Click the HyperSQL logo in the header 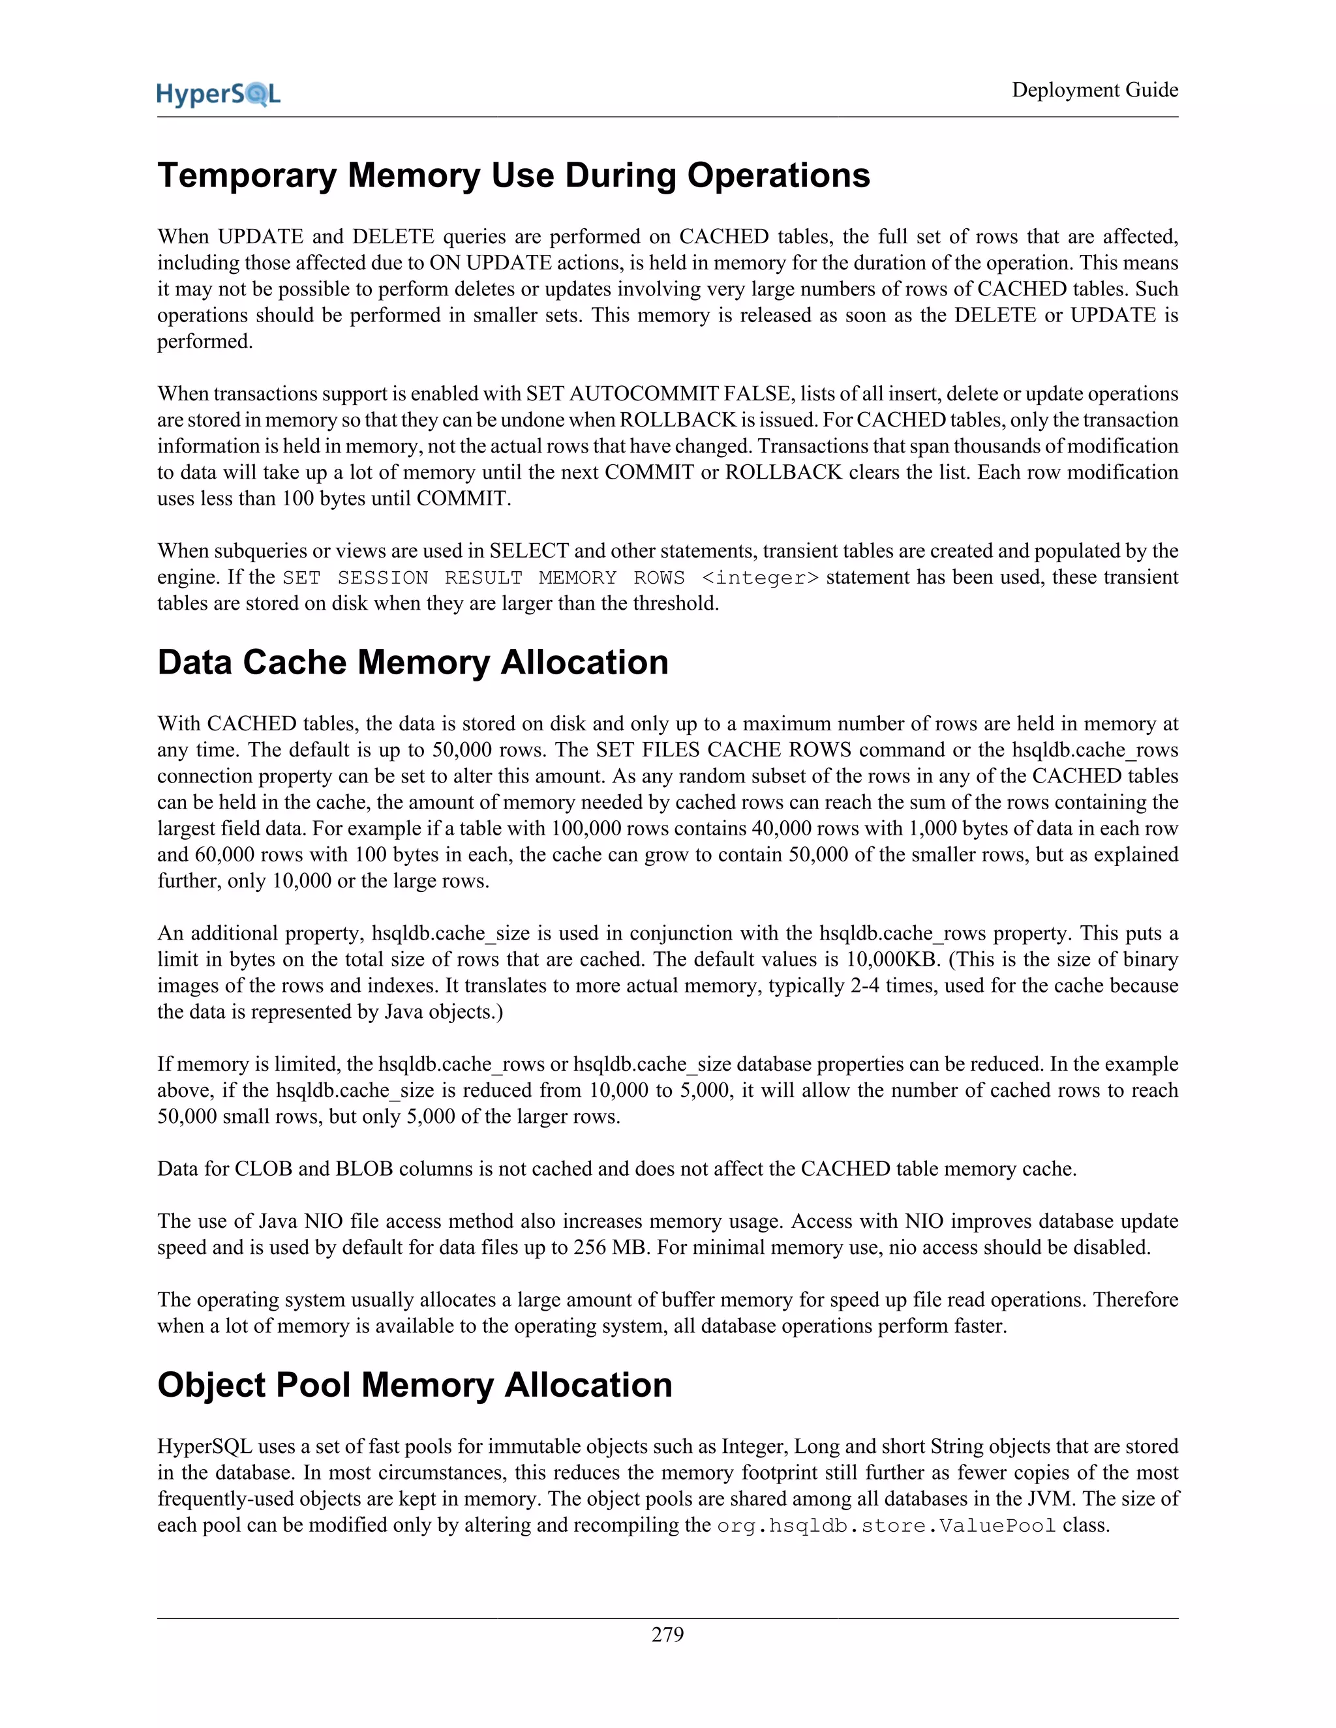pos(219,94)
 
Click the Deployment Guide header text pos(1095,90)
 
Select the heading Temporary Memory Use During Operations pos(513,175)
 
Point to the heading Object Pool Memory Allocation pos(414,1384)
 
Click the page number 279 pos(667,1635)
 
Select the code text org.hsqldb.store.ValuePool pos(886,1525)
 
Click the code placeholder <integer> pos(760,578)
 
